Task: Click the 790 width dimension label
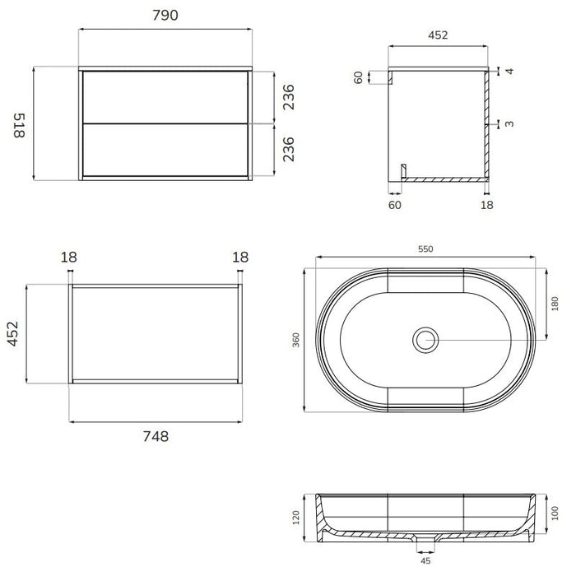[x=165, y=15]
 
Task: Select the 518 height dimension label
[x=19, y=125]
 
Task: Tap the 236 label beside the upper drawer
[x=289, y=97]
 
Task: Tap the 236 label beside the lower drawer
[x=289, y=149]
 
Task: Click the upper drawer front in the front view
[x=165, y=97]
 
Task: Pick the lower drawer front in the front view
[x=165, y=150]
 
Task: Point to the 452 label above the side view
[x=438, y=35]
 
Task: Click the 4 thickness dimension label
[x=509, y=71]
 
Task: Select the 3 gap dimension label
[x=509, y=123]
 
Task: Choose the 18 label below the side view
[x=487, y=205]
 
